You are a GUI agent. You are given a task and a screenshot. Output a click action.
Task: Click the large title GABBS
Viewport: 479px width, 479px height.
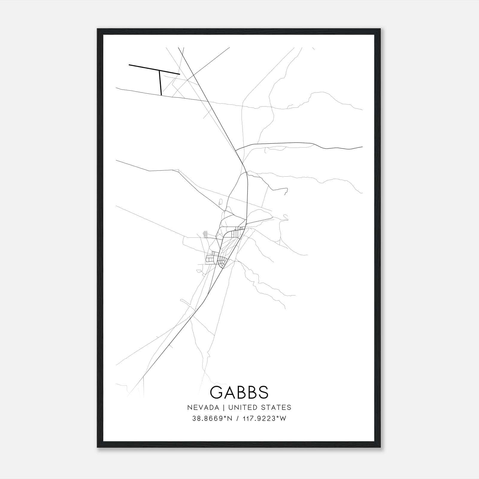pyautogui.click(x=239, y=392)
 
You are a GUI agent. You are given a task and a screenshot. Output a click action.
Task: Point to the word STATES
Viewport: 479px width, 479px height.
pyautogui.click(x=279, y=407)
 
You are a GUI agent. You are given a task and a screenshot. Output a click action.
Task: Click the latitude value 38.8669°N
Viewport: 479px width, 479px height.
pyautogui.click(x=212, y=419)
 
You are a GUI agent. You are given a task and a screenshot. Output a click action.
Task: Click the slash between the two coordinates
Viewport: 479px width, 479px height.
pyautogui.click(x=237, y=419)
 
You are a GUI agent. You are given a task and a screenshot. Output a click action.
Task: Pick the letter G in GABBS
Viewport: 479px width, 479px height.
pyautogui.click(x=216, y=392)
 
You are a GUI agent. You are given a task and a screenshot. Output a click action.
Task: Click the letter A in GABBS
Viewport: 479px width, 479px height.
pyautogui.click(x=229, y=392)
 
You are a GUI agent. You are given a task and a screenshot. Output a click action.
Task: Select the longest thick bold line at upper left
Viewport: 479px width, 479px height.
pyautogui.click(x=154, y=69)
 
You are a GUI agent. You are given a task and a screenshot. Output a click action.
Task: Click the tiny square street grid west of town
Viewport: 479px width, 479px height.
pyautogui.click(x=205, y=234)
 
